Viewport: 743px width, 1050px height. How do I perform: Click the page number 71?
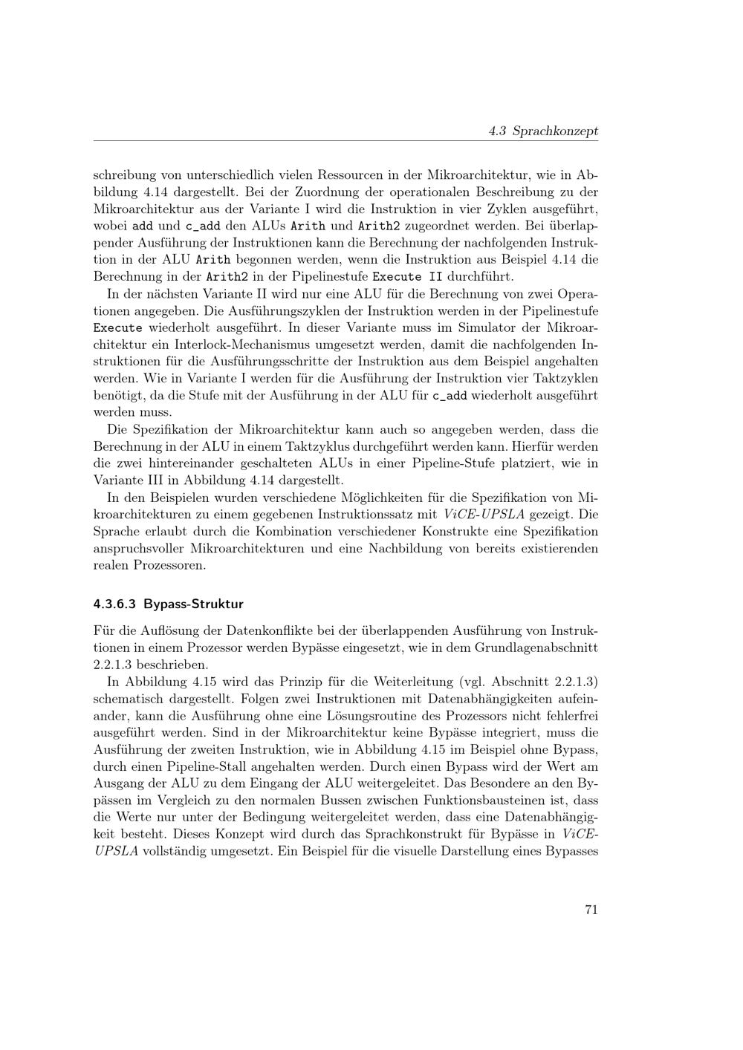(x=591, y=910)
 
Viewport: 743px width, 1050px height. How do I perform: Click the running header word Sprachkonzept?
(x=555, y=131)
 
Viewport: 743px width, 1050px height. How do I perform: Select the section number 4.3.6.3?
(x=115, y=604)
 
